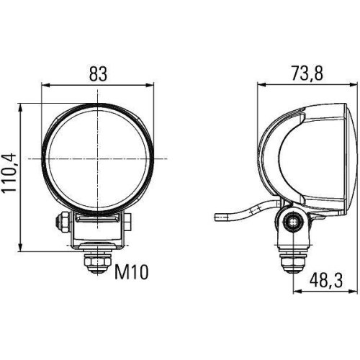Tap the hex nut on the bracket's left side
(63, 223)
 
